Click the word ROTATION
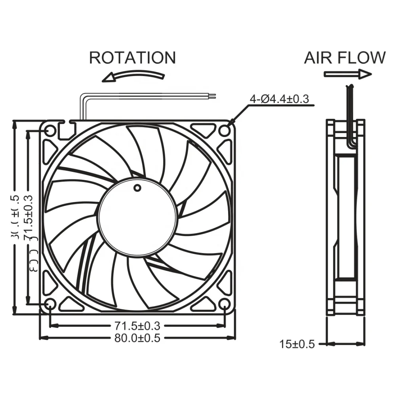click(132, 58)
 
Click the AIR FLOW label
click(345, 58)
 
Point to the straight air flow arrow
click(348, 74)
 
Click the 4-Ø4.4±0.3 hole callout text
click(279, 99)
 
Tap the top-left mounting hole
click(50, 130)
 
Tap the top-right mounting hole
click(225, 130)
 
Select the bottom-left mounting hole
click(50, 304)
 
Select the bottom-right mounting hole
click(225, 304)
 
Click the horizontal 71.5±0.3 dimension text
click(137, 326)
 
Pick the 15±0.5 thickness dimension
click(297, 344)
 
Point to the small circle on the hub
click(137, 187)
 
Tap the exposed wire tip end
click(213, 95)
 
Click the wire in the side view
click(349, 119)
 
